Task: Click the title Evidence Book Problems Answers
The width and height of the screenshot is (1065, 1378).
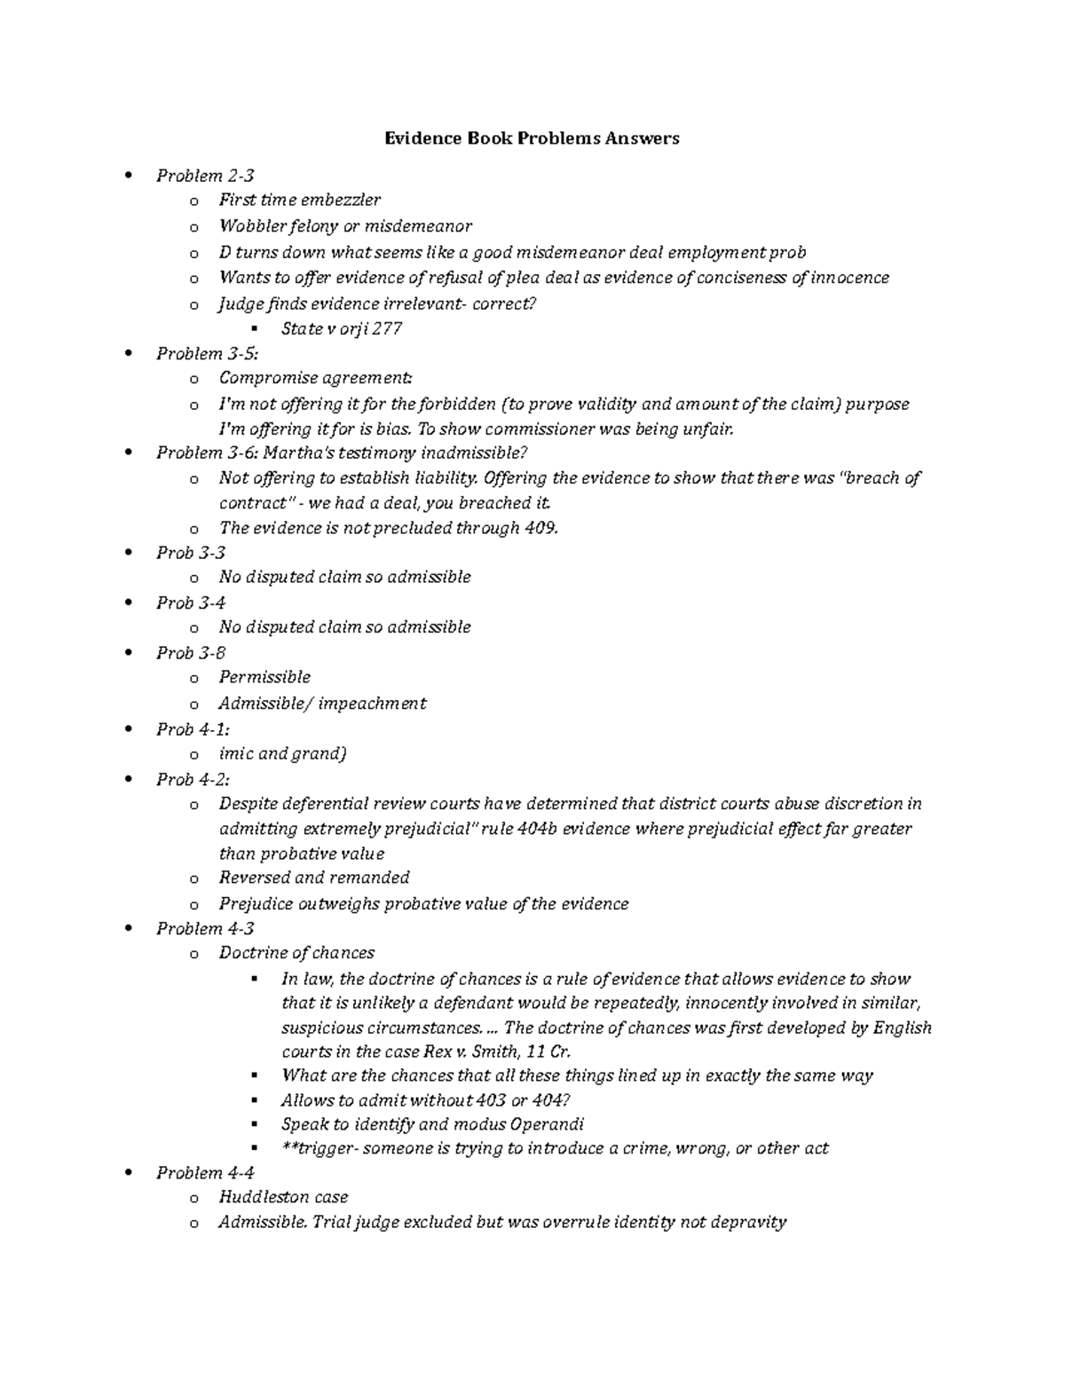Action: pyautogui.click(x=531, y=138)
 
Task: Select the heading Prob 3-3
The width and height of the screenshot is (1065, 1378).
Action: pyautogui.click(x=191, y=553)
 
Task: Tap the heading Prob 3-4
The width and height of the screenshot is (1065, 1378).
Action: pyautogui.click(x=191, y=603)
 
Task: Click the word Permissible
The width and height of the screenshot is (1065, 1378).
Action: pyautogui.click(x=264, y=678)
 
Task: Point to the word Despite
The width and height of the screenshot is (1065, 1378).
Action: pyautogui.click(x=248, y=804)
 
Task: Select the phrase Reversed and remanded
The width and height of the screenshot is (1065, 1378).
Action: pyautogui.click(x=314, y=878)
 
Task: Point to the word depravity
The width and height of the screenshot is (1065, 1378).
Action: pyautogui.click(x=747, y=1223)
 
